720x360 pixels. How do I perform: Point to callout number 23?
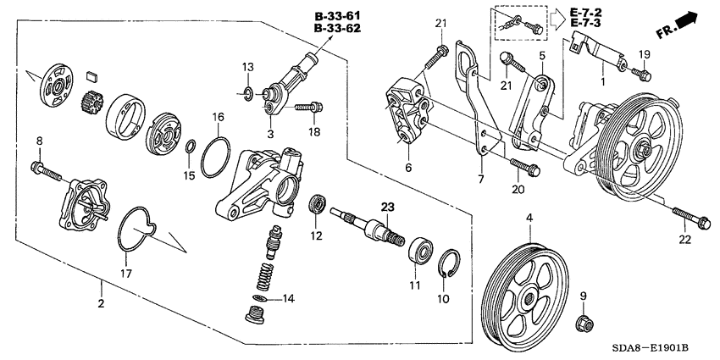click(387, 206)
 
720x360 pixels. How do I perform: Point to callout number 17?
click(125, 274)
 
